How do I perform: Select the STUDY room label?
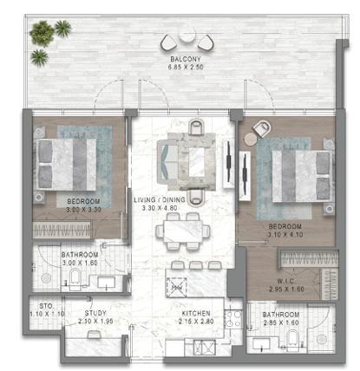click(x=95, y=314)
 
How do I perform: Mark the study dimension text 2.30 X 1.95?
click(x=95, y=322)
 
